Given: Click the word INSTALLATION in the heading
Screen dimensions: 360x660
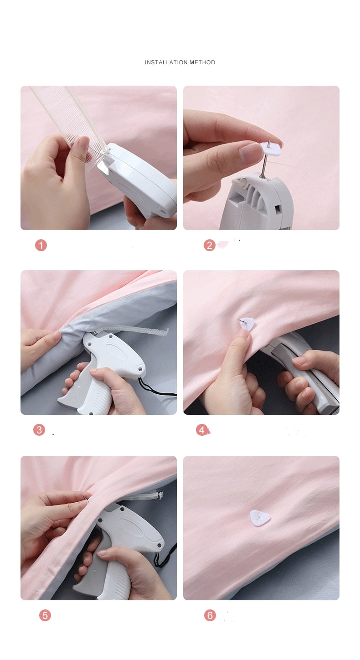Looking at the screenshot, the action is pyautogui.click(x=166, y=62).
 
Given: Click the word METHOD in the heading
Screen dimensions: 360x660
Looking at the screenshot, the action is pyautogui.click(x=202, y=62).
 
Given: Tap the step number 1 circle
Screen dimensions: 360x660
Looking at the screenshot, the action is pyautogui.click(x=41, y=245).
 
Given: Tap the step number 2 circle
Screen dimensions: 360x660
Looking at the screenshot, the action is pyautogui.click(x=210, y=245).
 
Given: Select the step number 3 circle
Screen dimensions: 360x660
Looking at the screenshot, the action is pyautogui.click(x=39, y=430).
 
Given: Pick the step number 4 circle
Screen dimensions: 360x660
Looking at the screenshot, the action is pyautogui.click(x=202, y=430).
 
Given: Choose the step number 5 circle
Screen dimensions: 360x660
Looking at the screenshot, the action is pyautogui.click(x=45, y=615).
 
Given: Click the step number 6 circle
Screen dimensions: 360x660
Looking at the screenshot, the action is pyautogui.click(x=210, y=615).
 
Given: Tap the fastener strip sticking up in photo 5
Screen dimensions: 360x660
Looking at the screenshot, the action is pyautogui.click(x=145, y=496).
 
